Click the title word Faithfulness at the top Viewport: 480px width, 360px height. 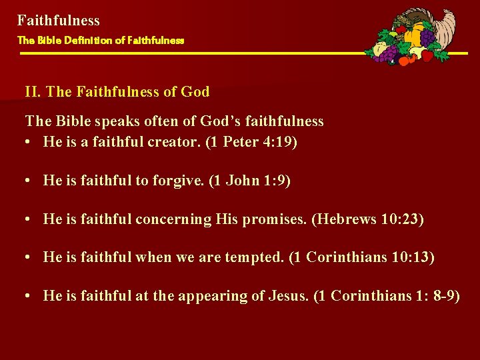coord(59,21)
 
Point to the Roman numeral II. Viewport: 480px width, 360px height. coord(33,92)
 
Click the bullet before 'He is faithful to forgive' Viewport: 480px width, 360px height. coord(30,181)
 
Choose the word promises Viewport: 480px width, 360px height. coord(271,219)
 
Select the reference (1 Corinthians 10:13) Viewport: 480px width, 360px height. coord(362,257)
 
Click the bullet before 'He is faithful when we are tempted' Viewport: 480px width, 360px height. coord(30,257)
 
